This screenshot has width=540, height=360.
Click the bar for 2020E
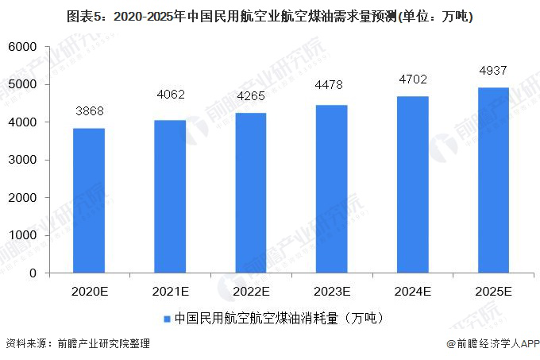pyautogui.click(x=89, y=200)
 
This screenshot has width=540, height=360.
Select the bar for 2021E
pyautogui.click(x=170, y=196)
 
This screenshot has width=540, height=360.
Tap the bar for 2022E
pyautogui.click(x=251, y=193)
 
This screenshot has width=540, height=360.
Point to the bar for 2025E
pyautogui.click(x=493, y=180)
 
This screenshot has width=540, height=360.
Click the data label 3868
pyautogui.click(x=89, y=110)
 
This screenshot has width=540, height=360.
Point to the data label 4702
pyautogui.click(x=412, y=79)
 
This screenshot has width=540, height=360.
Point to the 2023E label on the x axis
pyautogui.click(x=332, y=292)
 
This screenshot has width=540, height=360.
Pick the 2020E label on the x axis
pyautogui.click(x=89, y=292)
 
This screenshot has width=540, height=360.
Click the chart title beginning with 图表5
pyautogui.click(x=270, y=15)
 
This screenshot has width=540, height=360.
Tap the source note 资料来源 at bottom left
pyautogui.click(x=77, y=344)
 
